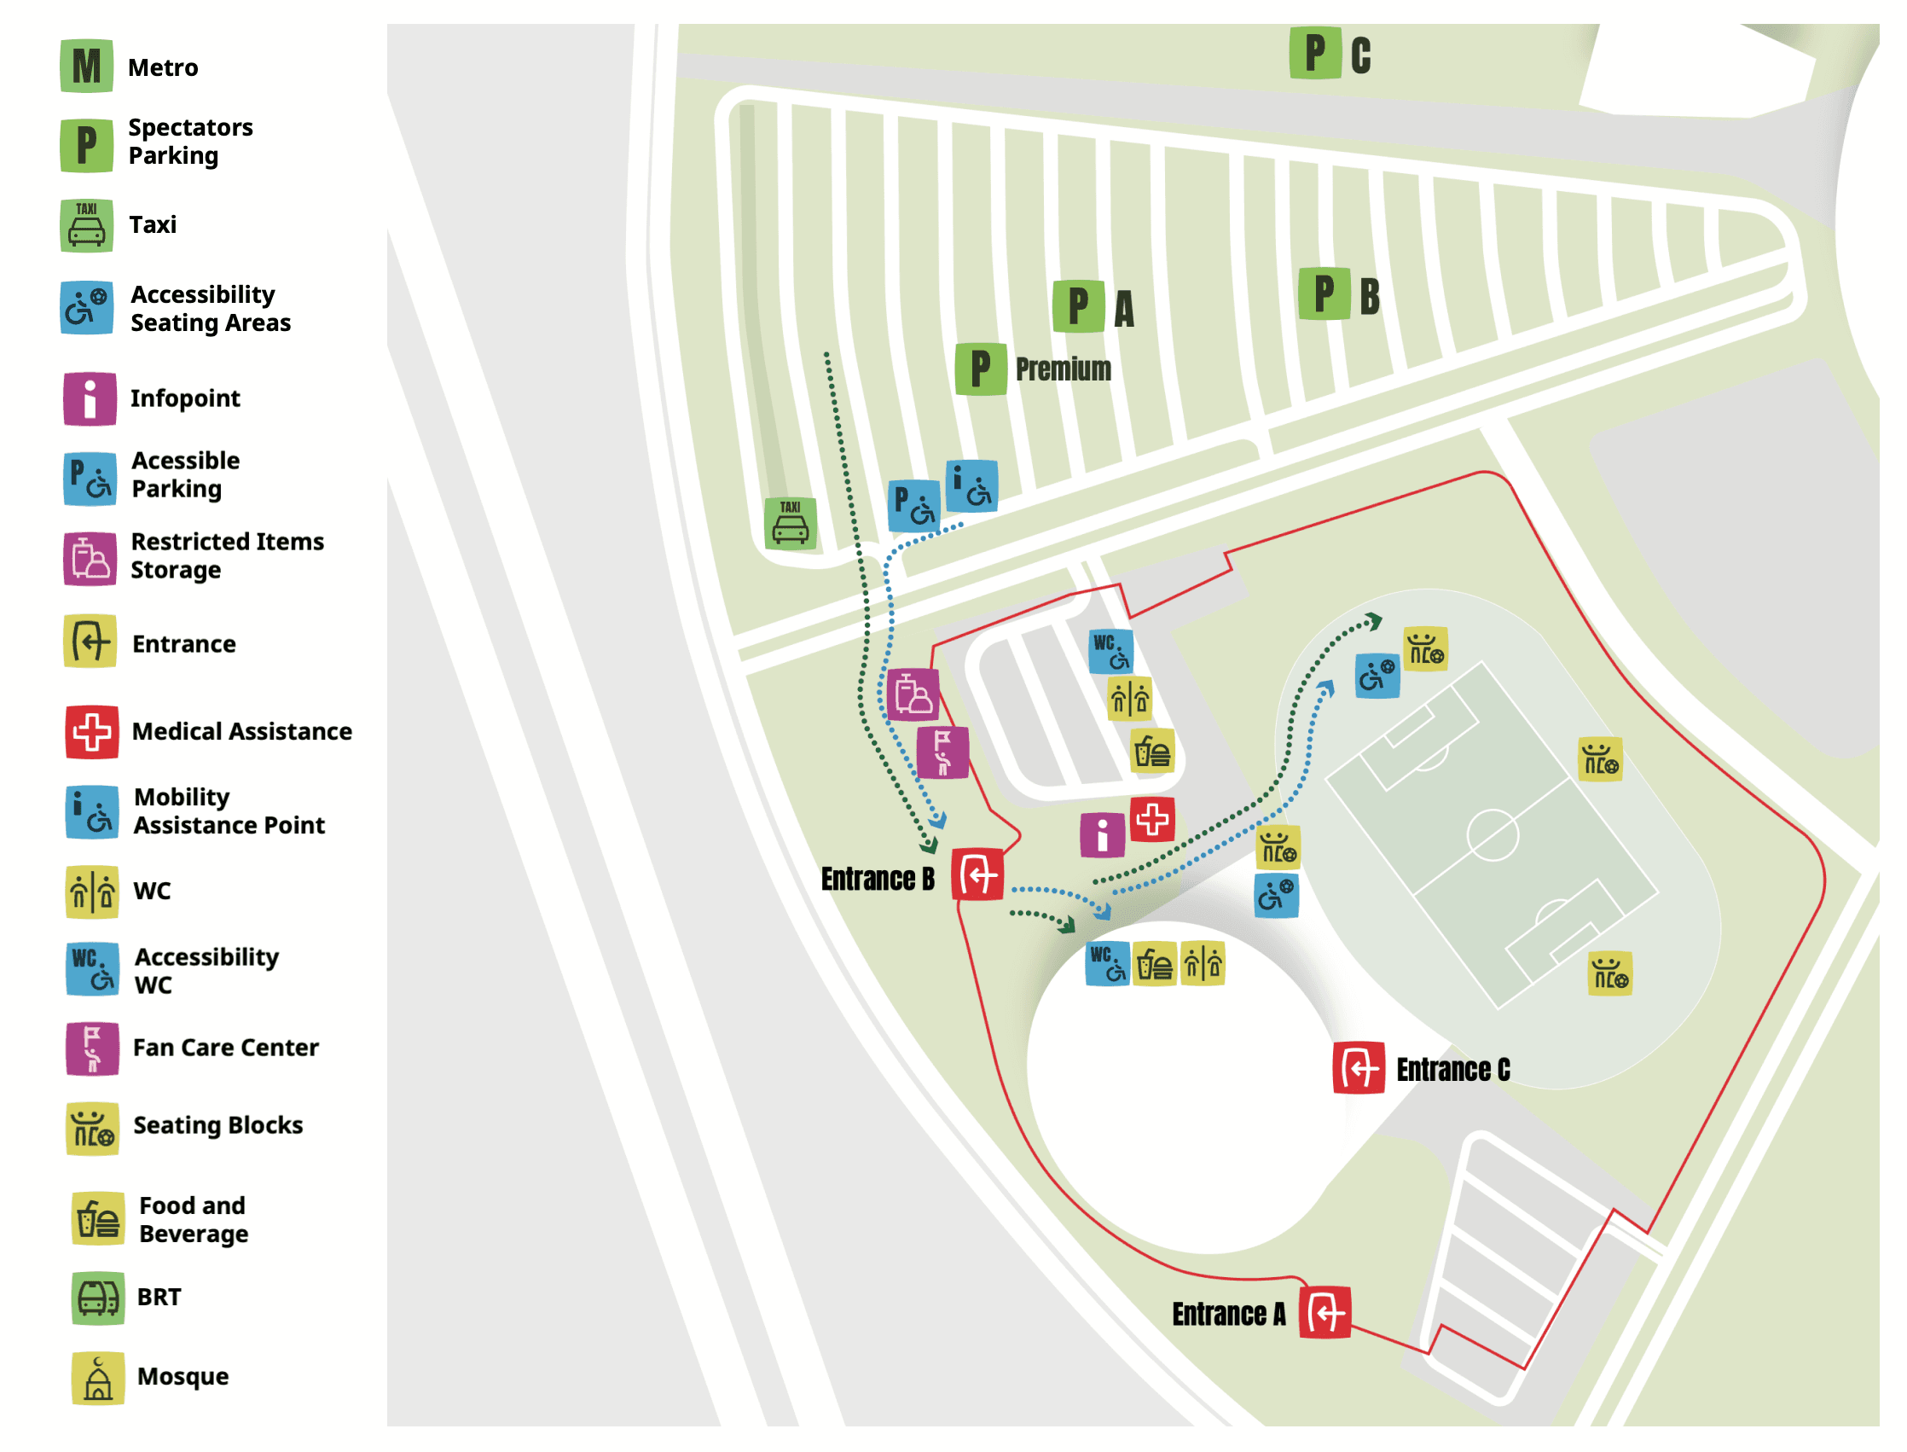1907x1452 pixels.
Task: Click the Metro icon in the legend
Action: tap(86, 66)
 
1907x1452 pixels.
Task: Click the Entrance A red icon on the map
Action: tap(1325, 1314)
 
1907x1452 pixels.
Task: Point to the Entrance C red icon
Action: tap(1359, 1069)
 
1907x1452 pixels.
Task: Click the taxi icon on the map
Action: tap(791, 523)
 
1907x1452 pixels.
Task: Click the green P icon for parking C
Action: tap(1315, 53)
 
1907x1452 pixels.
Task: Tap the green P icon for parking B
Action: tap(1324, 293)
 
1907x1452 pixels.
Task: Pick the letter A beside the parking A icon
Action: tap(1123, 309)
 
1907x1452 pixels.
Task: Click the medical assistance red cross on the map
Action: tap(1153, 819)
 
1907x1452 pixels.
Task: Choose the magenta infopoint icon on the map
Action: tap(1103, 835)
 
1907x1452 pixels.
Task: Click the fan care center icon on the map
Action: tap(942, 752)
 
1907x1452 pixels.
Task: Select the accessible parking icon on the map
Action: tap(914, 505)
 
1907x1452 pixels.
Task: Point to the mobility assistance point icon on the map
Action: tap(972, 486)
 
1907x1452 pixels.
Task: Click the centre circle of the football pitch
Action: tap(1493, 835)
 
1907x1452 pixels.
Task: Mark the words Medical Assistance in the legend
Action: tap(242, 732)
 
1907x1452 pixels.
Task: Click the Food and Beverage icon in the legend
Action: tap(97, 1219)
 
